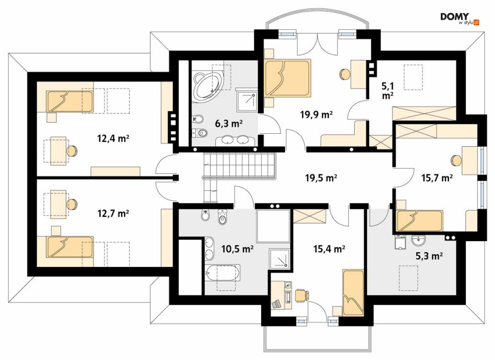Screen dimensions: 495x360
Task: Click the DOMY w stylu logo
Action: pos(460,19)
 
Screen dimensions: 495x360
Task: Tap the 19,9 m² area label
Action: pos(316,114)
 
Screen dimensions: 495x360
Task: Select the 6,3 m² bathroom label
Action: pos(229,123)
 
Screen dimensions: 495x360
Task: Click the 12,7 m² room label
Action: pos(113,214)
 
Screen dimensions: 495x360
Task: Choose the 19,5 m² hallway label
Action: pos(321,178)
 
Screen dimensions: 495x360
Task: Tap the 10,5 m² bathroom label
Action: pos(238,249)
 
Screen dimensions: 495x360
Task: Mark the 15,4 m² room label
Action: pos(329,249)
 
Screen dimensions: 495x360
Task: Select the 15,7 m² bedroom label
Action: pos(437,178)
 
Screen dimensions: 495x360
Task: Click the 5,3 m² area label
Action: pos(429,256)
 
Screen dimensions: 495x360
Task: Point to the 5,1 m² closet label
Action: pos(388,90)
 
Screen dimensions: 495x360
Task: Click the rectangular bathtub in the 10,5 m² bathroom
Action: pos(222,272)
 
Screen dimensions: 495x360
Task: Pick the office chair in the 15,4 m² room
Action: pos(301,295)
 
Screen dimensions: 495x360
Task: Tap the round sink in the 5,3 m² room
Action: pos(418,241)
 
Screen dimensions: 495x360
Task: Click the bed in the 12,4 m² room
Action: pos(70,101)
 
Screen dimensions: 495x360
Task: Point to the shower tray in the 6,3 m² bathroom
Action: pos(247,101)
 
